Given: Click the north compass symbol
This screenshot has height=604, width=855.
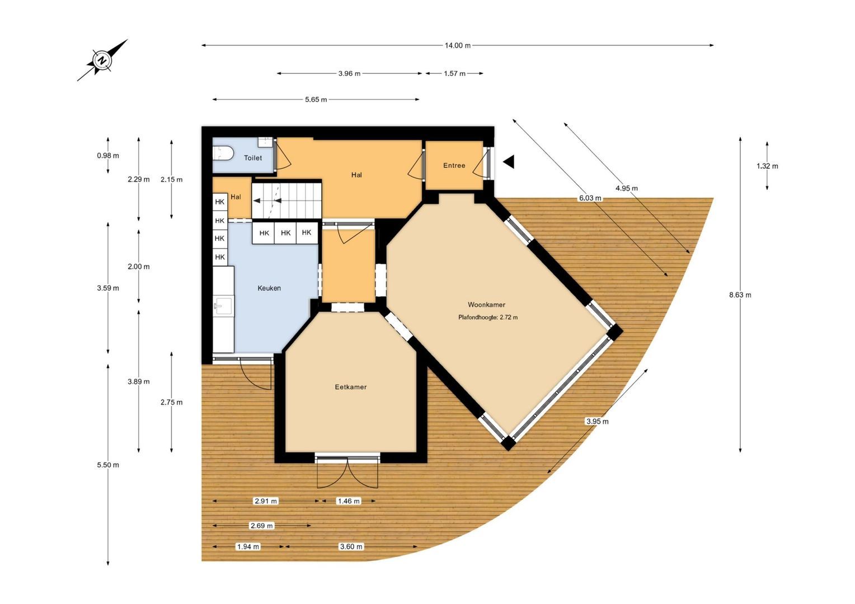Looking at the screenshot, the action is tap(102, 60).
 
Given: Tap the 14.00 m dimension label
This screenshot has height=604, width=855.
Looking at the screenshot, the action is tap(458, 45).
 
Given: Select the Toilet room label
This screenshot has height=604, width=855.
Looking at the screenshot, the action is tap(253, 158).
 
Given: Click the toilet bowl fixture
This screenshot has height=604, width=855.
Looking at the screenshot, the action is tap(223, 153).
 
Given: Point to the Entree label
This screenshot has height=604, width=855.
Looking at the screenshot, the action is tap(454, 166).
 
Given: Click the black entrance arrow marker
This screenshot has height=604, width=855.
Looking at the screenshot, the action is tap(509, 162).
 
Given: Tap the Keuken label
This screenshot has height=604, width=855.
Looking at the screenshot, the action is tap(269, 288).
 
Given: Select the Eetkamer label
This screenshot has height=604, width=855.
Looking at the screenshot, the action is tap(351, 387).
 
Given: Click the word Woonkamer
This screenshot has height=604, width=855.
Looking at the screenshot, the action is tap(487, 304).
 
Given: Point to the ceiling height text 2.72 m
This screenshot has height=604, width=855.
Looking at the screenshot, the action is tap(509, 317).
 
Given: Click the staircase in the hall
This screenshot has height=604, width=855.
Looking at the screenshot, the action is tap(286, 201).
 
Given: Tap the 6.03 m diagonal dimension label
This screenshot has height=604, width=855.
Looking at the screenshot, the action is tap(590, 198).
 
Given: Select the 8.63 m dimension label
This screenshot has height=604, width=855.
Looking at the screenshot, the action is tap(740, 295).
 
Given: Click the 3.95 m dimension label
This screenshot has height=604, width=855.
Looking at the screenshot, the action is tap(598, 421).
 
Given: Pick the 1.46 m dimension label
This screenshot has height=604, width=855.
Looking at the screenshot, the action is tap(349, 501).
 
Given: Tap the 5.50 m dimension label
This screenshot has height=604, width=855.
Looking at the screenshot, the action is tap(108, 465).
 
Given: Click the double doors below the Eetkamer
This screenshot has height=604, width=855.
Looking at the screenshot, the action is tap(347, 473).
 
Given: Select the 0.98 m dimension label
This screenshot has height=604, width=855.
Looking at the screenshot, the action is tap(108, 155).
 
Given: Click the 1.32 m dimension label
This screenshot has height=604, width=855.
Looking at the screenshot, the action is tap(767, 166).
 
